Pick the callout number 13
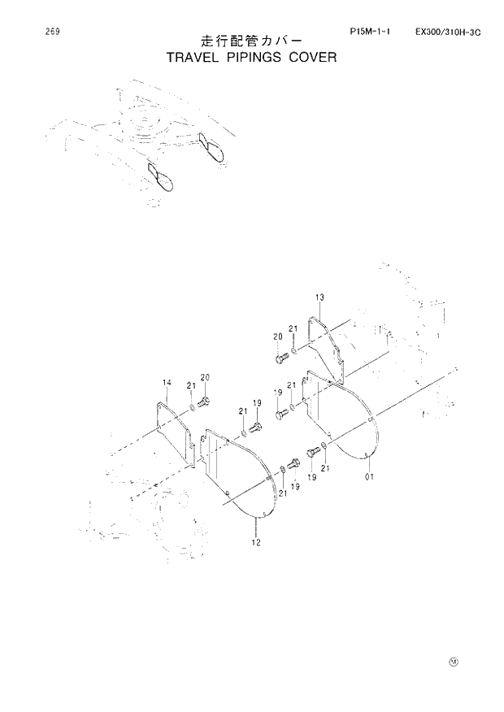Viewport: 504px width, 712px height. [x=319, y=297]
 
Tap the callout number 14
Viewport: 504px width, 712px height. [x=166, y=381]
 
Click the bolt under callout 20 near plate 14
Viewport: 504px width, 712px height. [x=204, y=402]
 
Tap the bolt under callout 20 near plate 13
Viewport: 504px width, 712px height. [x=282, y=356]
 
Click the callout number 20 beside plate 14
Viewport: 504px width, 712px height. [x=205, y=377]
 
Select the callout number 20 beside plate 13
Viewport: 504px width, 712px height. [x=277, y=336]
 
